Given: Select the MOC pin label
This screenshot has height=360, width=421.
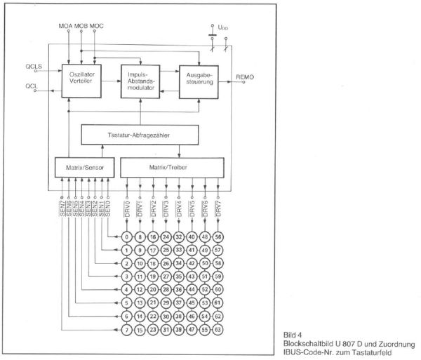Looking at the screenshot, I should (x=97, y=27).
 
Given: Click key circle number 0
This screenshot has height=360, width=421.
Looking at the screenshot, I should (x=127, y=237).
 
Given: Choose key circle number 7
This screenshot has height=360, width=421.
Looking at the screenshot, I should (x=127, y=329).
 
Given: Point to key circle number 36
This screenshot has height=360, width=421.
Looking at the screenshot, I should (x=180, y=290).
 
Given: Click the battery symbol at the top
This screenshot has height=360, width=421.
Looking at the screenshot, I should (x=211, y=31).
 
